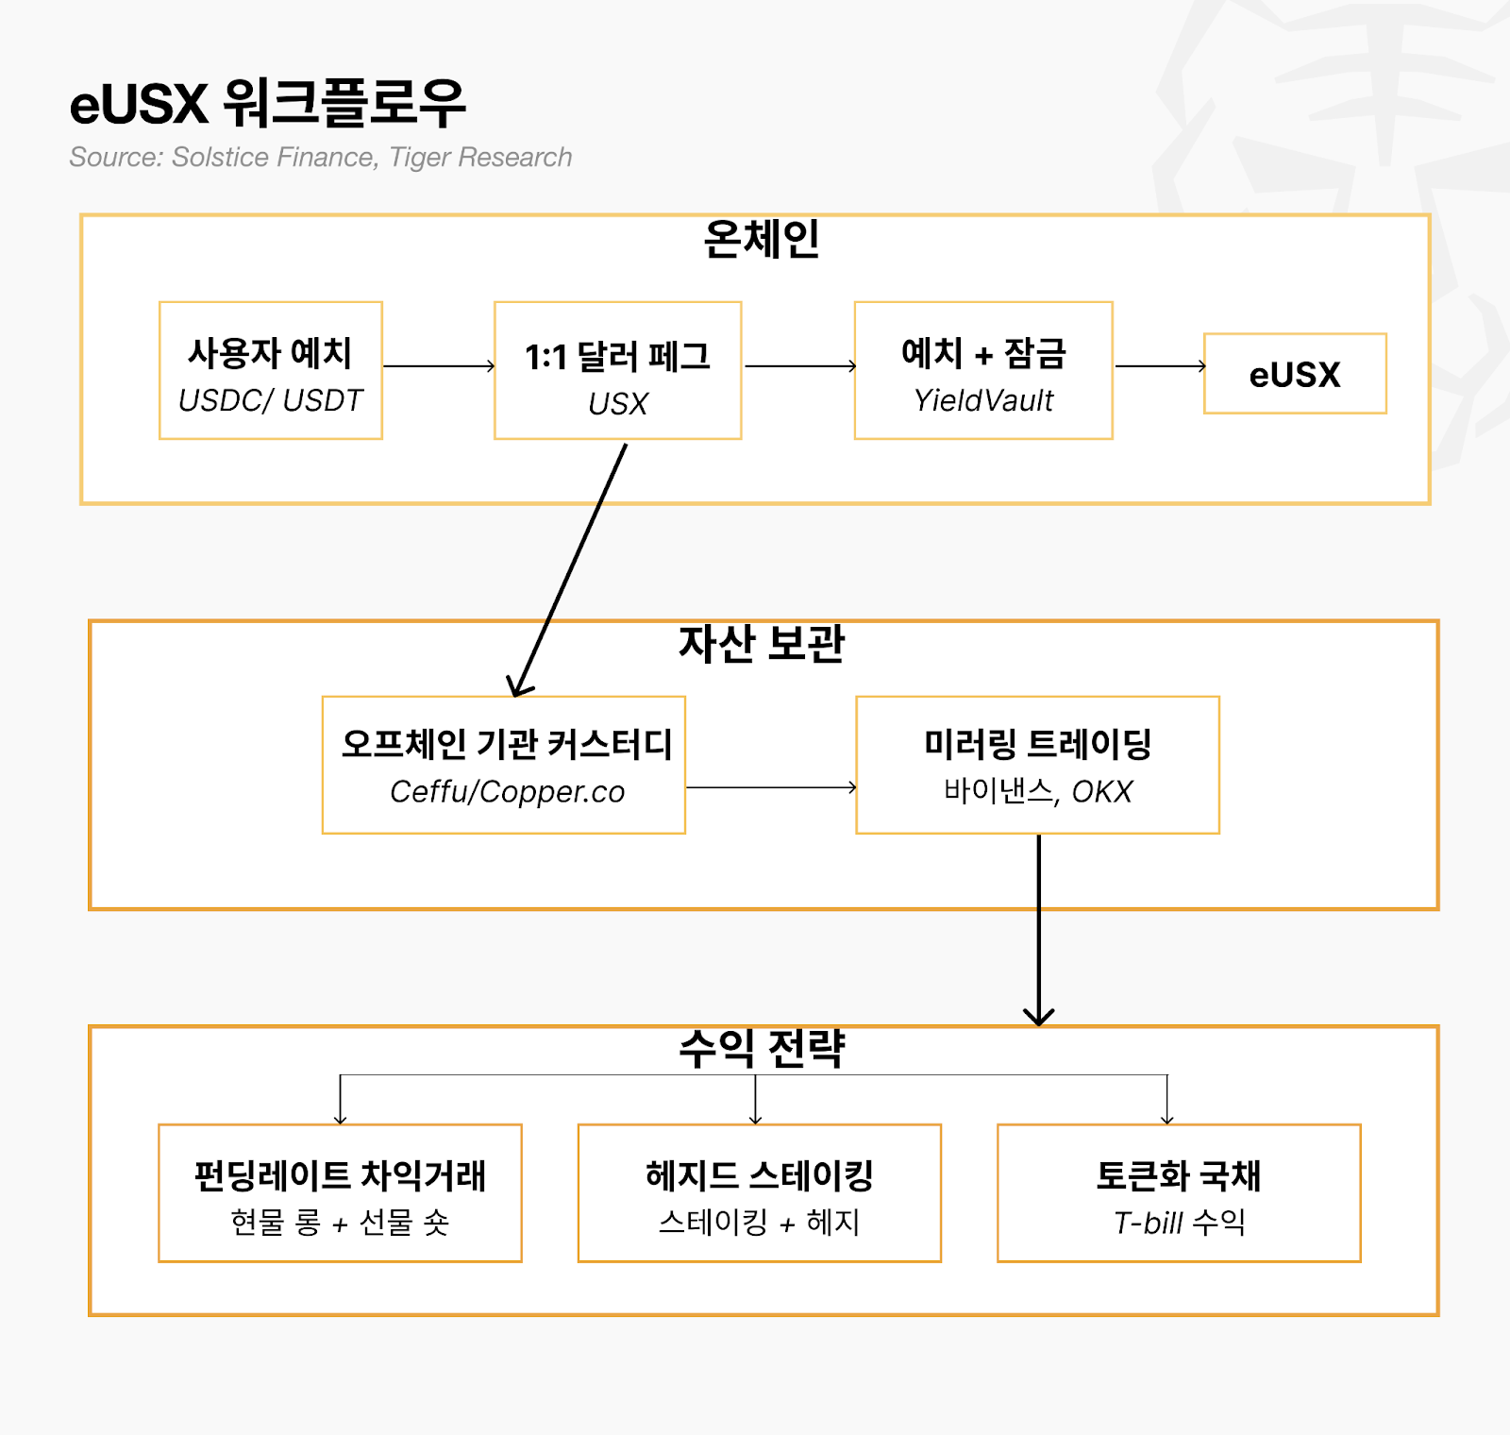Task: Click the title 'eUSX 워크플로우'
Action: pos(268,103)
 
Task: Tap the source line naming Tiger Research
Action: pos(320,157)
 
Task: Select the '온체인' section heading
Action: pos(761,239)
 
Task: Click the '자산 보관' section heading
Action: pos(761,644)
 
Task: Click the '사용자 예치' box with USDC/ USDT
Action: pos(271,371)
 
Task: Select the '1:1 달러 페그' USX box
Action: pos(617,371)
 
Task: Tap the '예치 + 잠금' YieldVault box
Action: pos(983,371)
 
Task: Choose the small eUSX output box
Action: pos(1295,374)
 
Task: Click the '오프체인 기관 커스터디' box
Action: pos(504,765)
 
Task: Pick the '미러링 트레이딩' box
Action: pos(1037,765)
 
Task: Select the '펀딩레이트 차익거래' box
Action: pos(340,1193)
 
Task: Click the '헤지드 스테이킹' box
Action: pos(759,1193)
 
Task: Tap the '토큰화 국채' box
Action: pos(1179,1193)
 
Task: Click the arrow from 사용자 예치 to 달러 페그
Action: pos(439,365)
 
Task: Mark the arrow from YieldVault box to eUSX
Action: pos(1160,365)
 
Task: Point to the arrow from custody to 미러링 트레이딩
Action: pos(771,786)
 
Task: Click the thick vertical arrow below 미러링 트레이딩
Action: pos(1039,930)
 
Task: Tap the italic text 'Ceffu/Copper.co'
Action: pos(507,791)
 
